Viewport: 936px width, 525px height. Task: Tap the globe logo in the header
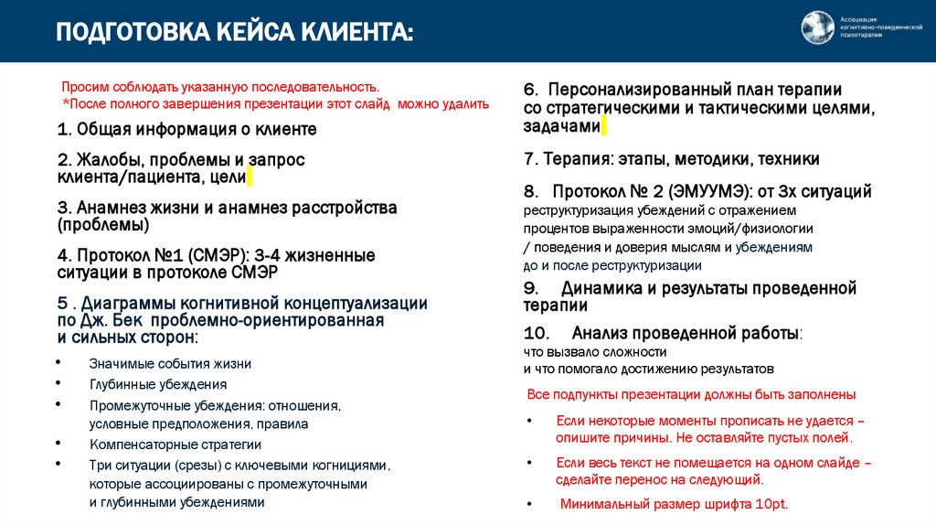(x=818, y=28)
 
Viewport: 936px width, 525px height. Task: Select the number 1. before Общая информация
(x=63, y=129)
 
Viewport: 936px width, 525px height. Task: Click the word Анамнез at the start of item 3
(x=109, y=208)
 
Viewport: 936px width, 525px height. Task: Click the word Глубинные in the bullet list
(x=121, y=384)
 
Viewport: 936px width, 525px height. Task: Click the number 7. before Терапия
(x=530, y=159)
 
